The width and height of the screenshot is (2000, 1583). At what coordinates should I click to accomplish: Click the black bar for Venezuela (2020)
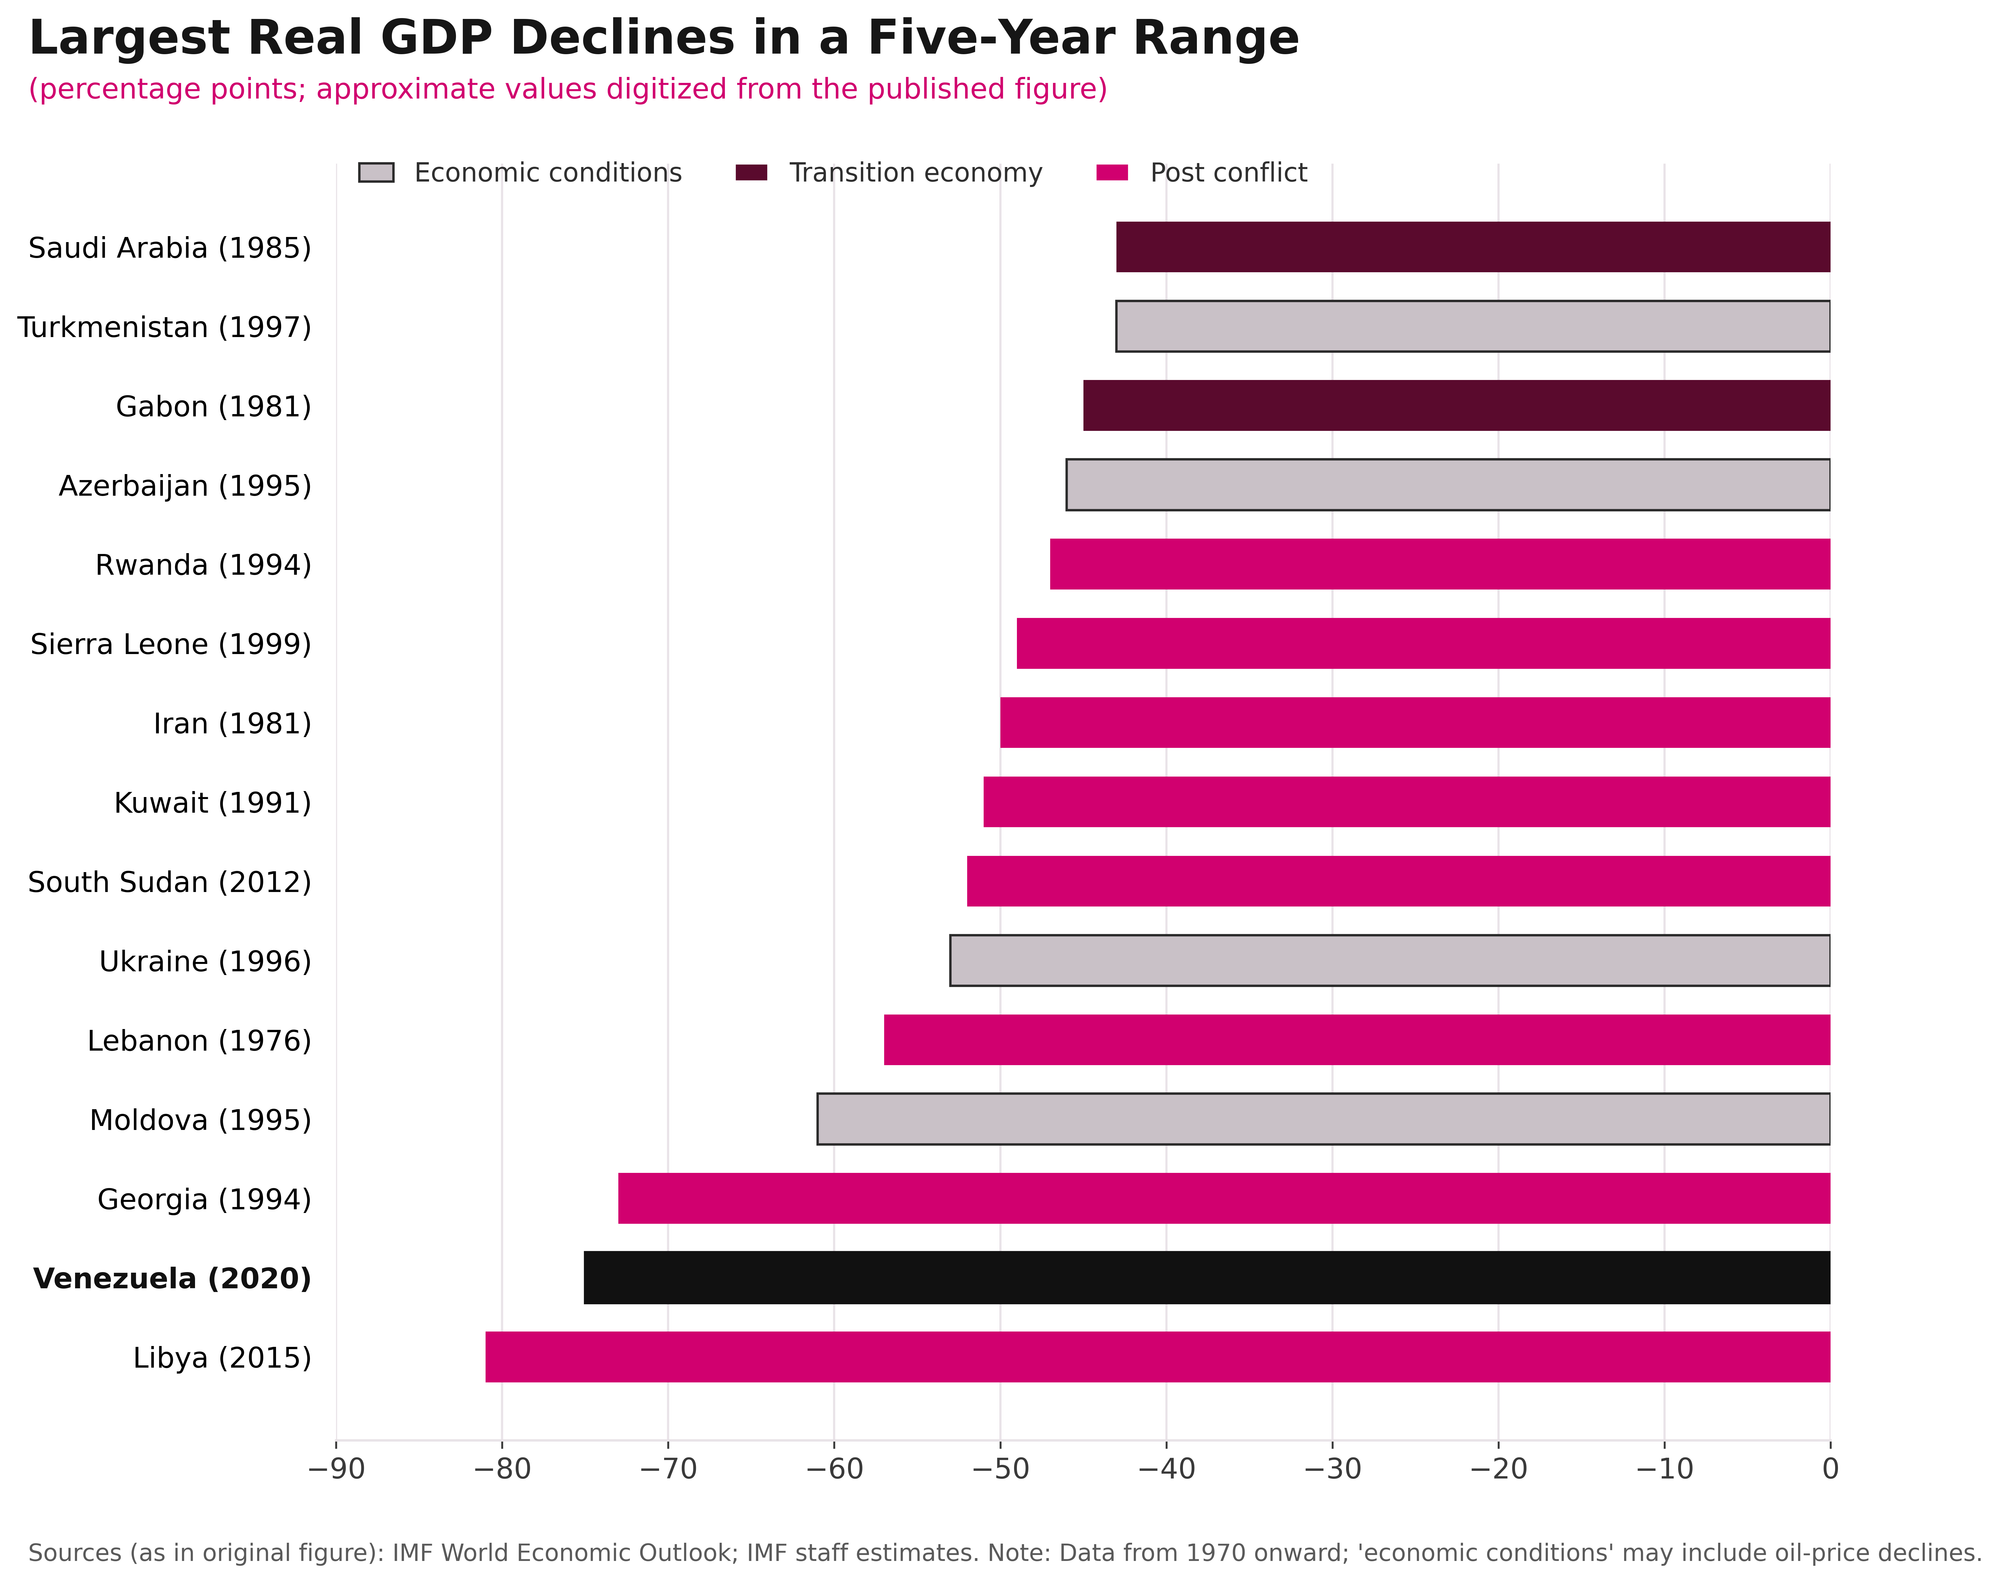point(1207,1277)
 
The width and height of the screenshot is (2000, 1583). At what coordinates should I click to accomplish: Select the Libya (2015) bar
point(1158,1357)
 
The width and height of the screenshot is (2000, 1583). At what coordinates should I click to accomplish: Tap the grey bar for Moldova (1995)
point(1323,1119)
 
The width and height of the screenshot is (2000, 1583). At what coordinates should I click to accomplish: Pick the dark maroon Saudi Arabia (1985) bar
point(1473,247)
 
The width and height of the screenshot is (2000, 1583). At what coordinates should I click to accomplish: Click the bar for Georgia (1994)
point(1224,1198)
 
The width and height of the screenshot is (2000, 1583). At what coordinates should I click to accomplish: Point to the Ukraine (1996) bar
point(1390,961)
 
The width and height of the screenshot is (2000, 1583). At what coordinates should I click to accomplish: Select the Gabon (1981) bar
point(1456,406)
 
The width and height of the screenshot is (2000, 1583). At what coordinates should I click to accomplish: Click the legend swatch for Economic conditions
point(376,173)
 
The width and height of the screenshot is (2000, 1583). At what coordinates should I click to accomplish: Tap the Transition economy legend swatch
point(751,173)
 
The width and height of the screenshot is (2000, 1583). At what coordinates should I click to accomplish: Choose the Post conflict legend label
point(1228,173)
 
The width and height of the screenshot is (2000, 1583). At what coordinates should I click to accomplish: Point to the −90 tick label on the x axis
point(336,1470)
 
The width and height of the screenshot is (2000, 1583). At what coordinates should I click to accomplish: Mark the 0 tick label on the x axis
point(1830,1470)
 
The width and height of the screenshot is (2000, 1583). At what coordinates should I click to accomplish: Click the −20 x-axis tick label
point(1498,1470)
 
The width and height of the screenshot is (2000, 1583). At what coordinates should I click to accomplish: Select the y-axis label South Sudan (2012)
point(170,882)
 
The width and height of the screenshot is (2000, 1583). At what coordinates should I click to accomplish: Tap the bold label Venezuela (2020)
point(172,1278)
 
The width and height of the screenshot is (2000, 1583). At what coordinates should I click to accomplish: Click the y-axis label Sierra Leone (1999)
point(171,644)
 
